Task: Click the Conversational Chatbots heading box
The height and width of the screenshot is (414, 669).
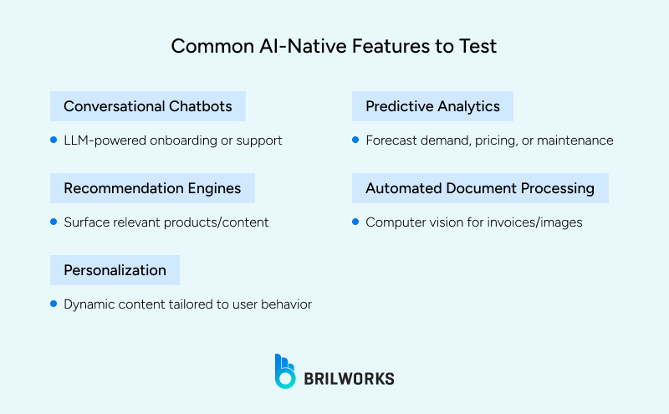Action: point(148,106)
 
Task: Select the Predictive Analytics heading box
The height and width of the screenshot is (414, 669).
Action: point(432,106)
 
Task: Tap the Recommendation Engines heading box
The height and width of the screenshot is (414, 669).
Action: point(152,188)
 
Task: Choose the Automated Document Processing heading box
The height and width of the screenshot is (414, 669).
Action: point(480,188)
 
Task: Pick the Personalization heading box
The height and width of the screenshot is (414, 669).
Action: point(115,270)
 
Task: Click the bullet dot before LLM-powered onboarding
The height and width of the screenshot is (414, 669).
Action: point(54,140)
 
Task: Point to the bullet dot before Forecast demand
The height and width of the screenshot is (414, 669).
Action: point(355,140)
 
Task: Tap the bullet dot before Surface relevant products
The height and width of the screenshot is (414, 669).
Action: point(54,222)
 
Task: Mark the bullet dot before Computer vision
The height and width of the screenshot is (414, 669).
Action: point(355,222)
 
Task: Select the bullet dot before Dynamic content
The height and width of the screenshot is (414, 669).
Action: point(54,304)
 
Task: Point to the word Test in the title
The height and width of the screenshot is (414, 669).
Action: point(477,45)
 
